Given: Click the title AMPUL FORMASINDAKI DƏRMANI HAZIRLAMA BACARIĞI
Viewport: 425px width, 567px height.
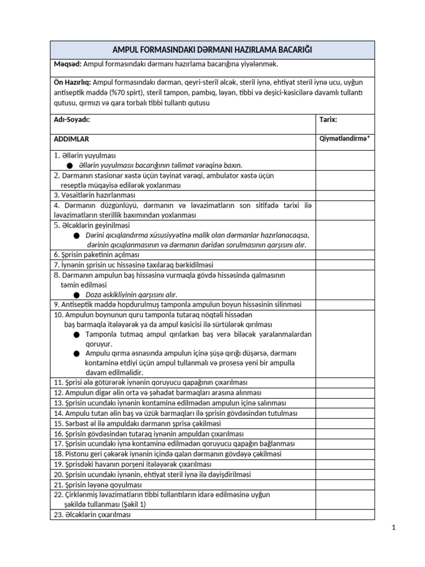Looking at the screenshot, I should pyautogui.click(x=212, y=50).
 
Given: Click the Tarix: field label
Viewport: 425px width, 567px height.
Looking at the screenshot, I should pyautogui.click(x=329, y=120).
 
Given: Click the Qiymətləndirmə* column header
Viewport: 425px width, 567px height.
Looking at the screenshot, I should pyautogui.click(x=344, y=139).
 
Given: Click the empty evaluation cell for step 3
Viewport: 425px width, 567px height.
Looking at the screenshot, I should pyautogui.click(x=345, y=195).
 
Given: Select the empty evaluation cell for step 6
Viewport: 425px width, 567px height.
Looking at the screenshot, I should pyautogui.click(x=345, y=255).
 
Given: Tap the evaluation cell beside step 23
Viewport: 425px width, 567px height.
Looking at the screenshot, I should pyautogui.click(x=345, y=514).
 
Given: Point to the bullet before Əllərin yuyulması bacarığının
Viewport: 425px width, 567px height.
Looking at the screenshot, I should pyautogui.click(x=69, y=165).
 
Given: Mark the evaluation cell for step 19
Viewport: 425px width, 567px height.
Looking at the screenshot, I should pyautogui.click(x=345, y=464).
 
